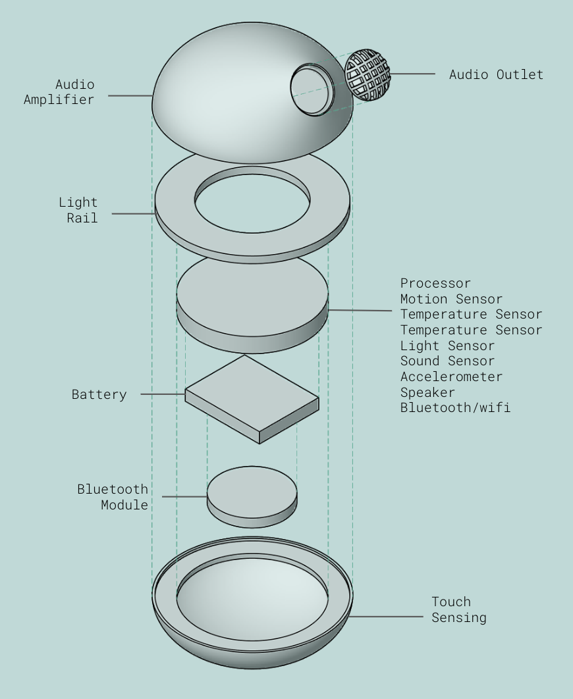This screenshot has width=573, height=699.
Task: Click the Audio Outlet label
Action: (496, 74)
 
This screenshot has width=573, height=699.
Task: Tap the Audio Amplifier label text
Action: (59, 92)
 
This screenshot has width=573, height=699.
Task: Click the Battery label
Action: (99, 395)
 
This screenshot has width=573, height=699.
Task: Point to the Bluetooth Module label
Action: (113, 497)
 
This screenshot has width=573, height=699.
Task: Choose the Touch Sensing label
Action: (458, 609)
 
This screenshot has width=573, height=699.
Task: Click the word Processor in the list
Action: (435, 284)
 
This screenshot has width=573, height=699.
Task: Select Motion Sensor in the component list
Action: (451, 299)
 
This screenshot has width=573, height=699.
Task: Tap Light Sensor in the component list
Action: (447, 346)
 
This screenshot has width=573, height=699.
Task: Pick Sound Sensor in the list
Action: (447, 361)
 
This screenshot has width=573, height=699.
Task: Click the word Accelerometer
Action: (451, 377)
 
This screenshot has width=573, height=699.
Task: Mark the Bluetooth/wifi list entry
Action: (455, 408)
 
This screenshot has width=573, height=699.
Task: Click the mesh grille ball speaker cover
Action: (368, 75)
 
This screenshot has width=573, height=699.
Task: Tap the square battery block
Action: (252, 398)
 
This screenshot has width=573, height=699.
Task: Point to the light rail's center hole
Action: (252, 203)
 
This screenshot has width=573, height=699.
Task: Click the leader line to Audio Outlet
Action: (412, 74)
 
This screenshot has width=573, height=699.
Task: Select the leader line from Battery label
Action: (163, 394)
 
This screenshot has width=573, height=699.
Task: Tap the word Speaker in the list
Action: (427, 393)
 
